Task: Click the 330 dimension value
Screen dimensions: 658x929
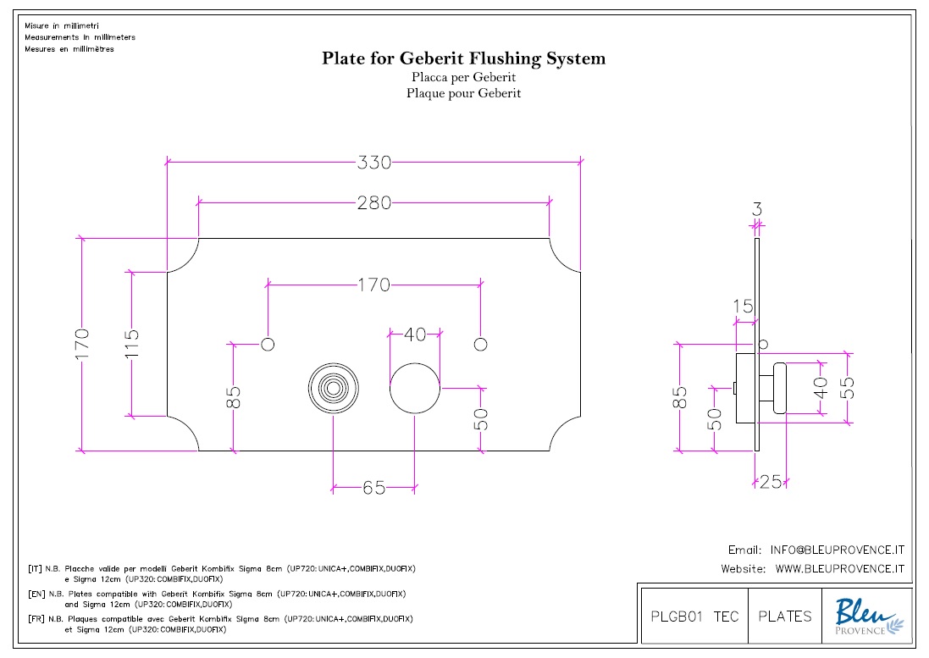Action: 373,162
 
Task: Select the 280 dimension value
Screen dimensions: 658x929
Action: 373,202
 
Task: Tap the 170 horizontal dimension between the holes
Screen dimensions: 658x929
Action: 373,285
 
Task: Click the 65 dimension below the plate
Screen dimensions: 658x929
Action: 373,488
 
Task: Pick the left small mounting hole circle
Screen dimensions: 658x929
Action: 268,344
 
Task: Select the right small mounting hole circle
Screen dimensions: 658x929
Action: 480,344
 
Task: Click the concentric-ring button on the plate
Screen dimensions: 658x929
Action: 333,390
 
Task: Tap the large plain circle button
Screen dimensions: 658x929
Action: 414,390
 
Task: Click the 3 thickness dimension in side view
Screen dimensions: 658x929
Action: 757,207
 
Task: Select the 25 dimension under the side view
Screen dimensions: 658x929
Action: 770,482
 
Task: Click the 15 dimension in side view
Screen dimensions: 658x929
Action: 743,307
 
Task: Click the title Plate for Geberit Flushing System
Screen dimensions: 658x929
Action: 463,58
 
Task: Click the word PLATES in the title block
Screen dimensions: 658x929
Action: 785,616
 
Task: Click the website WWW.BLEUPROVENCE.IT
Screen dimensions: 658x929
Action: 840,569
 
